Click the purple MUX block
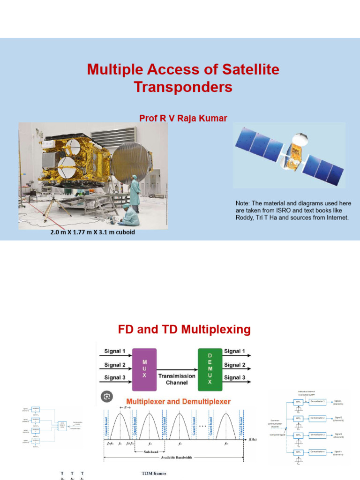tap(144, 369)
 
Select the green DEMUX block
tap(210, 369)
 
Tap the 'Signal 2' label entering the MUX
tap(115, 365)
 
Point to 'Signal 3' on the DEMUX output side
tap(235, 377)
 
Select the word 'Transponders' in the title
tap(183, 87)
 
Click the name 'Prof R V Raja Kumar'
tap(183, 118)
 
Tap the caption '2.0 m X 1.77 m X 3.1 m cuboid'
tap(93, 232)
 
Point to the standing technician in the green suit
tap(135, 193)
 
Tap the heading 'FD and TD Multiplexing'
tap(184, 330)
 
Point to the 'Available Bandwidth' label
tap(173, 457)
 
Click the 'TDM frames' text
tap(154, 473)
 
